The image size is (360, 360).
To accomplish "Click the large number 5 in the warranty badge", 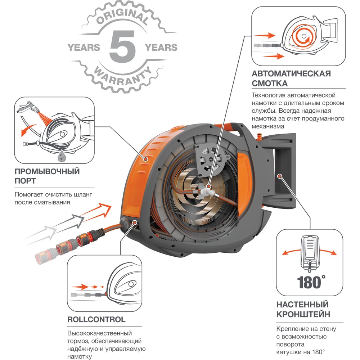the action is click(122, 46).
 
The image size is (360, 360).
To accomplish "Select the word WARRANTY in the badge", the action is click(123, 75).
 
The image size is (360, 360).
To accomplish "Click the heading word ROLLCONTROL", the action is click(96, 319).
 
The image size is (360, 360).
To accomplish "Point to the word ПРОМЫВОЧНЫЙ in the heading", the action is click(47, 171).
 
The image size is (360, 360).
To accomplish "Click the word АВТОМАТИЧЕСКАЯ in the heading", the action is click(291, 73).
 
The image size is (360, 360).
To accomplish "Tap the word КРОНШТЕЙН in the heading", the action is click(303, 314).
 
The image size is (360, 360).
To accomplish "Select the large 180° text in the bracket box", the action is click(311, 282).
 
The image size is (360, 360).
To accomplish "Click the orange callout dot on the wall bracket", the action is click(279, 176).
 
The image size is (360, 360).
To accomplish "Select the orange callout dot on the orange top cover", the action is click(145, 159).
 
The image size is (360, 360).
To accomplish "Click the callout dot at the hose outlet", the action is click(135, 222).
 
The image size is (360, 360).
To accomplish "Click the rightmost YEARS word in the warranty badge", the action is click(161, 47).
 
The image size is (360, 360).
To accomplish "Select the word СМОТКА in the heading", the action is click(270, 83).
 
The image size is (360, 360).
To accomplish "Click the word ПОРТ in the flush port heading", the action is click(25, 181).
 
